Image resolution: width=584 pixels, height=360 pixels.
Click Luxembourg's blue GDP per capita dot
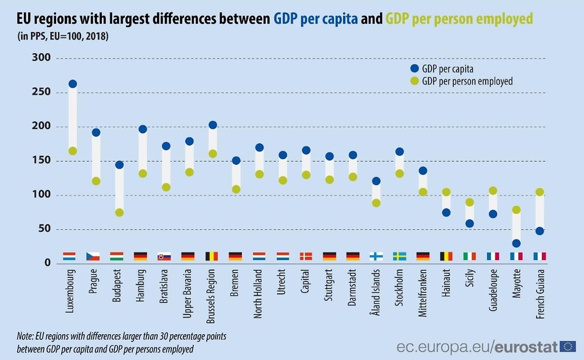[73, 84]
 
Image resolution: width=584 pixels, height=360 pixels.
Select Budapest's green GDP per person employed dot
[119, 213]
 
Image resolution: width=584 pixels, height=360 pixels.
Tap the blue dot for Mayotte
[516, 243]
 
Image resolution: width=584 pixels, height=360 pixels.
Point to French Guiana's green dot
[539, 192]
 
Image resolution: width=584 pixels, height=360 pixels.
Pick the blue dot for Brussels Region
[213, 125]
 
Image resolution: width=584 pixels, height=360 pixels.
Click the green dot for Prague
[96, 181]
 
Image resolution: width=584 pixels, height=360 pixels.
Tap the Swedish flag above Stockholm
[400, 256]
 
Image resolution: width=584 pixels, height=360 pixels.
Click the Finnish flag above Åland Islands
[376, 256]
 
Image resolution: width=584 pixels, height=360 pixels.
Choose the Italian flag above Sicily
[470, 256]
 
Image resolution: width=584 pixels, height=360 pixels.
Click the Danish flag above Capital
[306, 256]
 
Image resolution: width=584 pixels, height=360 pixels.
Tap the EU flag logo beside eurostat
[568, 346]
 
